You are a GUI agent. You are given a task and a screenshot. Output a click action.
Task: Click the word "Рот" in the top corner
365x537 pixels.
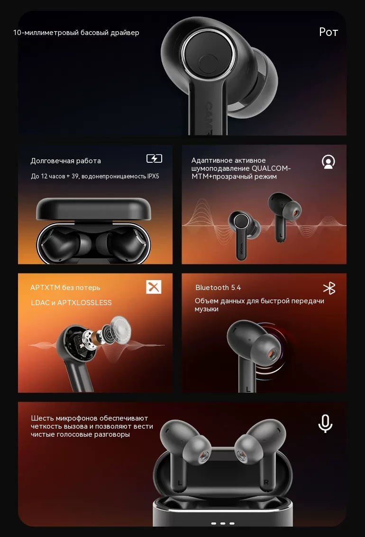pos(328,32)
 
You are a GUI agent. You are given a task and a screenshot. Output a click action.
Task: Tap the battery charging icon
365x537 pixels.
pos(155,158)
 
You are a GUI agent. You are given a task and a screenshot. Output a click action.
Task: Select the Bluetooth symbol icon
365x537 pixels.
pos(329,288)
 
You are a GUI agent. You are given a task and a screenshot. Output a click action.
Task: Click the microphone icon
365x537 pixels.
pos(325,423)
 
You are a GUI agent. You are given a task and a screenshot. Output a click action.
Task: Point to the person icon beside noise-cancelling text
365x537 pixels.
pos(328,162)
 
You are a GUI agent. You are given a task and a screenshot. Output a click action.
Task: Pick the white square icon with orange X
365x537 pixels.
pos(154,287)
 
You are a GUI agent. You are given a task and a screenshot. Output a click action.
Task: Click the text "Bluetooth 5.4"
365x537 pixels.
pos(218,288)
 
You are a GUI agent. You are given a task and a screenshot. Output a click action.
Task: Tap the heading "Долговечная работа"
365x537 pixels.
pos(65,161)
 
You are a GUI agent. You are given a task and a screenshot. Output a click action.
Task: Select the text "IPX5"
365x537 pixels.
pos(153,176)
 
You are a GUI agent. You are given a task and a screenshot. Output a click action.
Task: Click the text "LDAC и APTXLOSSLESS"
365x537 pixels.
pos(72,303)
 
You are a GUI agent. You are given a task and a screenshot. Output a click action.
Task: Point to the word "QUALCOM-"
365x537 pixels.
pos(271,168)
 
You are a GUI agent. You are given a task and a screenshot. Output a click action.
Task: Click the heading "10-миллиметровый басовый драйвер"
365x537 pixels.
pos(76,33)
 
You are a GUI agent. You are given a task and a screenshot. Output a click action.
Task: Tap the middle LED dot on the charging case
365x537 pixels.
pos(223,523)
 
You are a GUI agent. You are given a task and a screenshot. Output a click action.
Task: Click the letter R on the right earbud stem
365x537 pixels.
pos(266,482)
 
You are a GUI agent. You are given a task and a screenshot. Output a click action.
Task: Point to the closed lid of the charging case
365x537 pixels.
pos(93,209)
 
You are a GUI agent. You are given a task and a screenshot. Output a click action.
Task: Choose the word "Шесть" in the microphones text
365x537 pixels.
pos(42,418)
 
